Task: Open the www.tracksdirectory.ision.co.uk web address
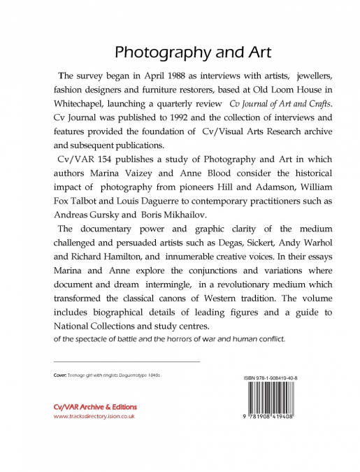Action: [x=94, y=416]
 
